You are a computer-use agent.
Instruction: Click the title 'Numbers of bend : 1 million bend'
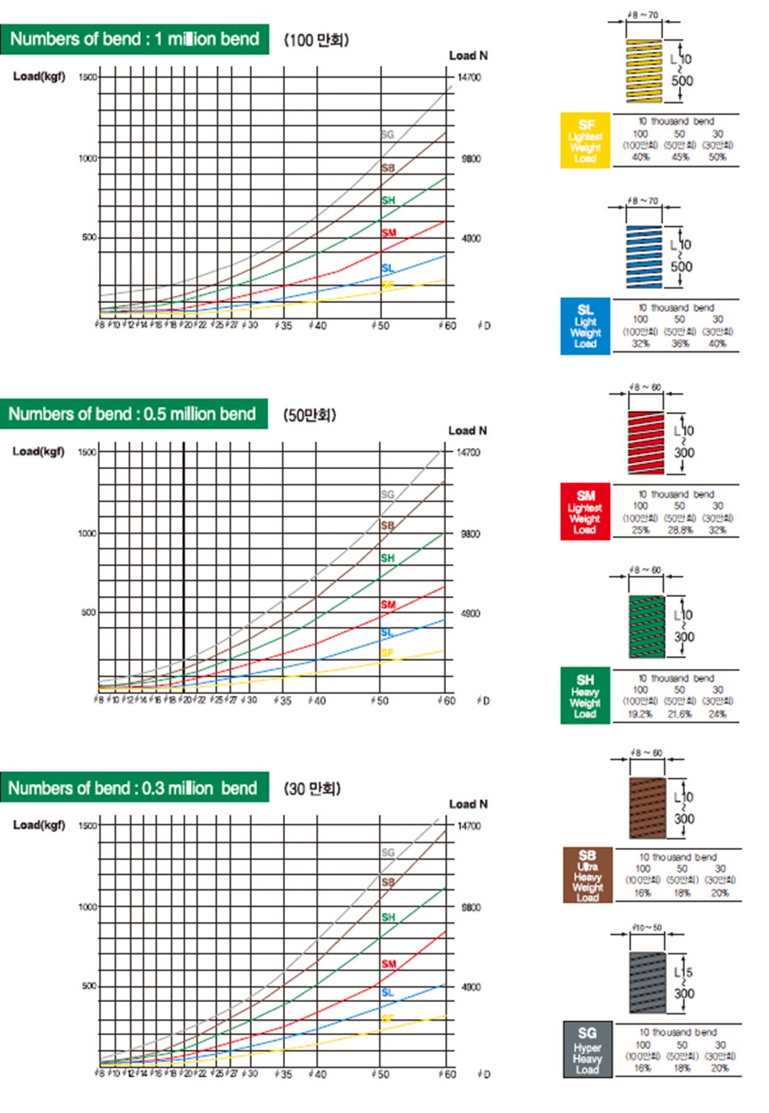(x=134, y=39)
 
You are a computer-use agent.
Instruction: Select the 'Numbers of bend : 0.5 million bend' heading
(x=132, y=414)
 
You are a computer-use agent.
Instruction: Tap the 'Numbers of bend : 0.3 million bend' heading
(x=133, y=788)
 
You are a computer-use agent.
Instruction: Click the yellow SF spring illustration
(x=644, y=70)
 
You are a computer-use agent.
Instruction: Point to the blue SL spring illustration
(x=644, y=256)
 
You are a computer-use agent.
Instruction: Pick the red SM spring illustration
(x=646, y=442)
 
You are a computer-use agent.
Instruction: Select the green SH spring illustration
(x=646, y=627)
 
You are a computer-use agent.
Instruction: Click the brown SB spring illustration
(x=647, y=808)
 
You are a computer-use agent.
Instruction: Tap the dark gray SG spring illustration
(x=647, y=983)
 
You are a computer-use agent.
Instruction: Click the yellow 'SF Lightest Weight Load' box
(x=584, y=140)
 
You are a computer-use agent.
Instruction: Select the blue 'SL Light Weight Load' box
(x=584, y=326)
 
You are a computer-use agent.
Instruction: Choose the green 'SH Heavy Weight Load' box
(x=584, y=696)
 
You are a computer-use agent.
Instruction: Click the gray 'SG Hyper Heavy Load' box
(x=587, y=1049)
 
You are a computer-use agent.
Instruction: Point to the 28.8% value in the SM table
(x=680, y=531)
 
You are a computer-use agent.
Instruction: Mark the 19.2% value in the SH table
(x=640, y=714)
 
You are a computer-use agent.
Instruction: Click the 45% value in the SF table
(x=680, y=157)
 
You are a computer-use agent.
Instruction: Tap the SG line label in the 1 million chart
(x=388, y=134)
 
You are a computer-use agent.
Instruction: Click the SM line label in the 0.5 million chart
(x=389, y=605)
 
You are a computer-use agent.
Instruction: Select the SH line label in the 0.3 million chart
(x=389, y=917)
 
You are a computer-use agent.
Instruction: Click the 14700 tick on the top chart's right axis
(x=469, y=78)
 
